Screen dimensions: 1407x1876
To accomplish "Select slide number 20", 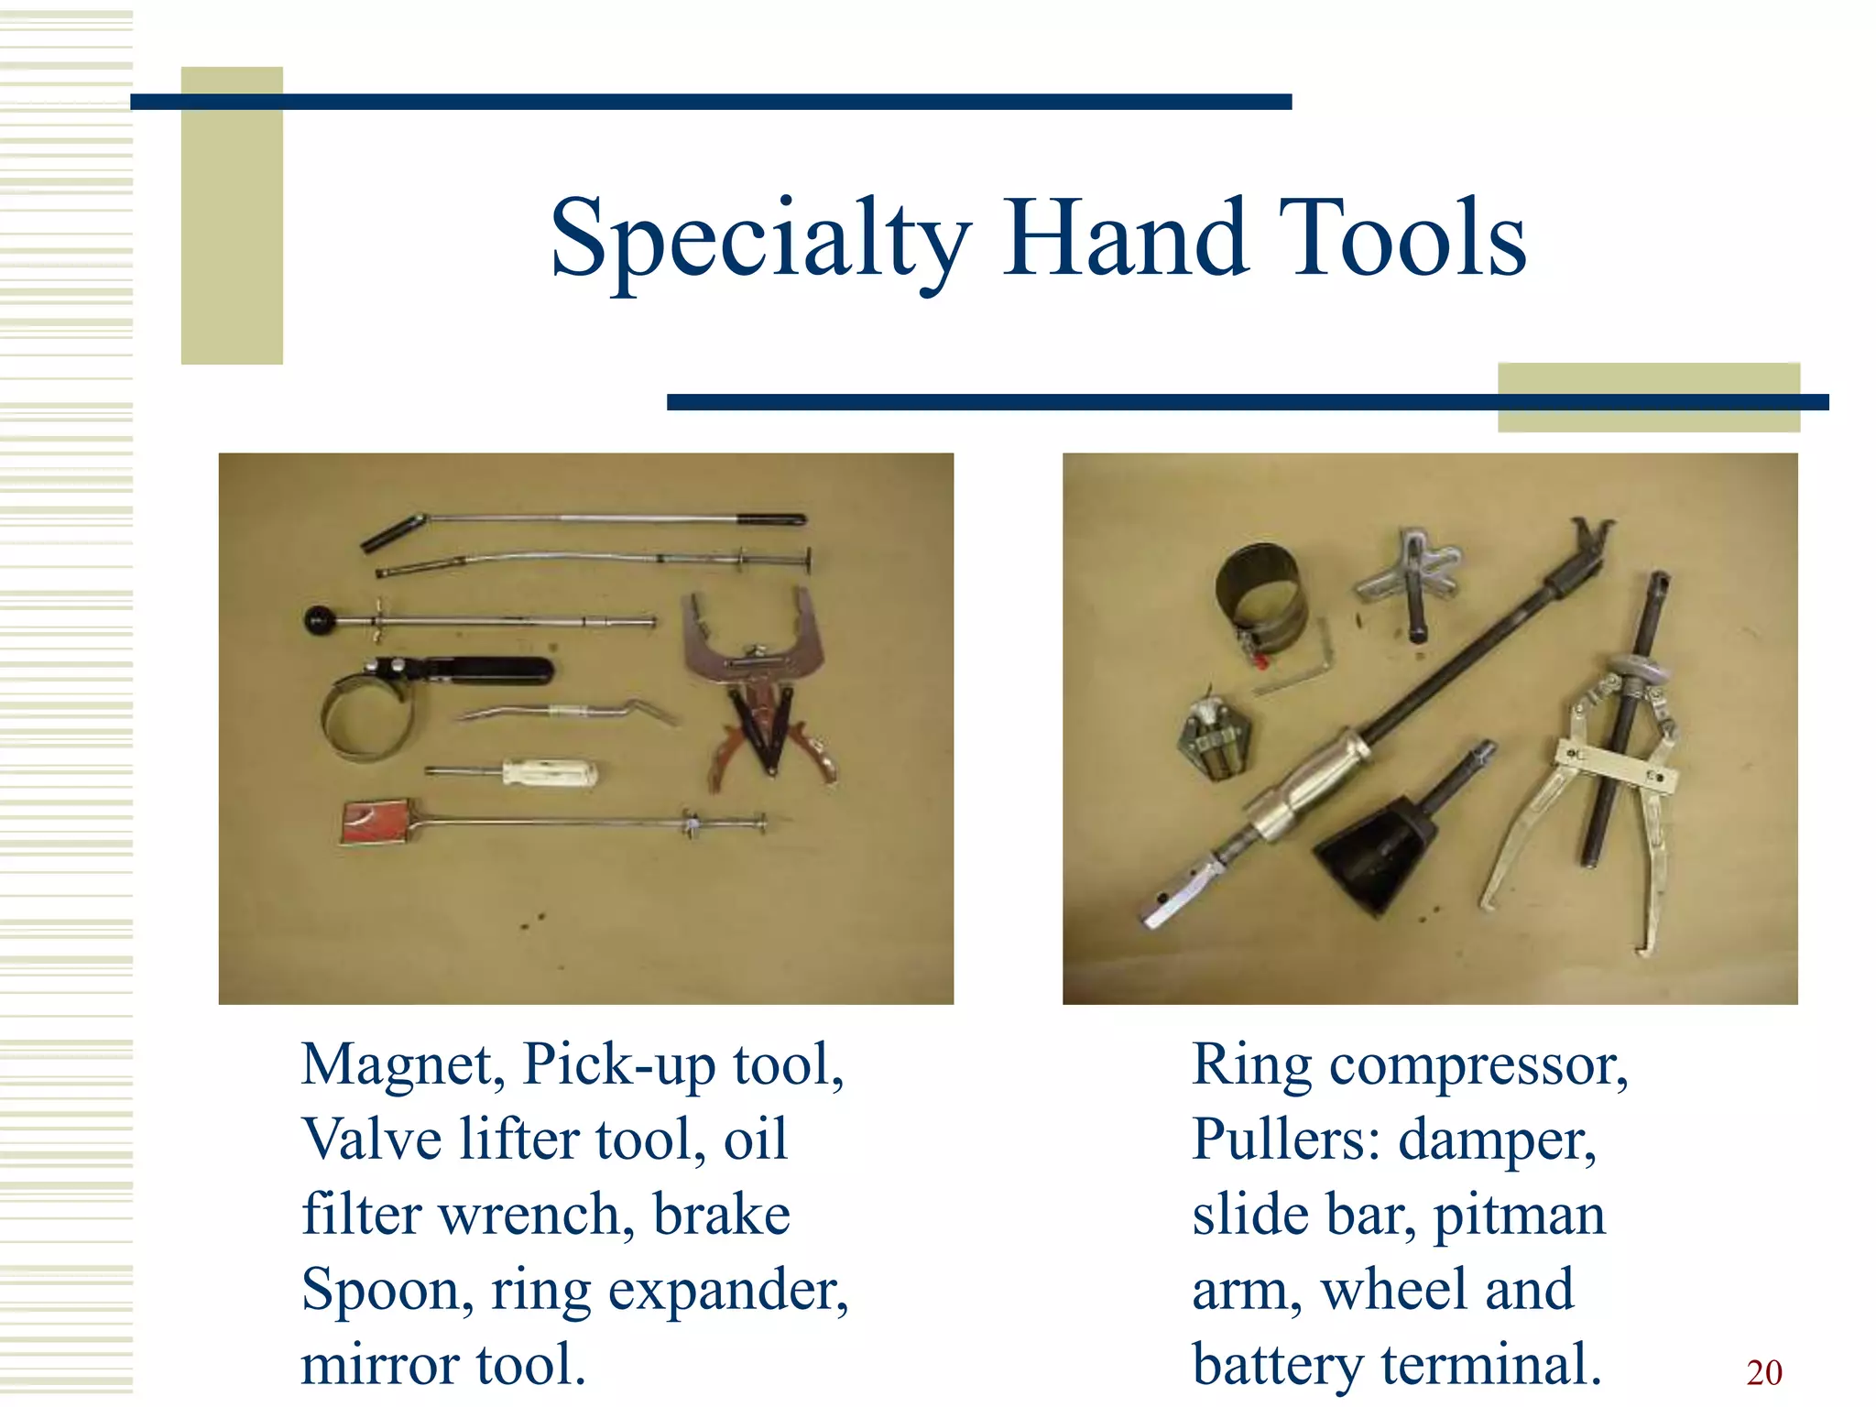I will click(x=1763, y=1372).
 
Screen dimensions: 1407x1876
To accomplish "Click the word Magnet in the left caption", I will click(x=402, y=1065).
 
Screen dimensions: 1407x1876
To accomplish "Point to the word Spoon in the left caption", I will click(x=387, y=1291).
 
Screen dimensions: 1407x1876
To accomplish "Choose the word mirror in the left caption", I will click(x=376, y=1365).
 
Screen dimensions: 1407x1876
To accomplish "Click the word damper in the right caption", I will click(x=1497, y=1140).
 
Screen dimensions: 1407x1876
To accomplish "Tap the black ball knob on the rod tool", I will click(x=322, y=621).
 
